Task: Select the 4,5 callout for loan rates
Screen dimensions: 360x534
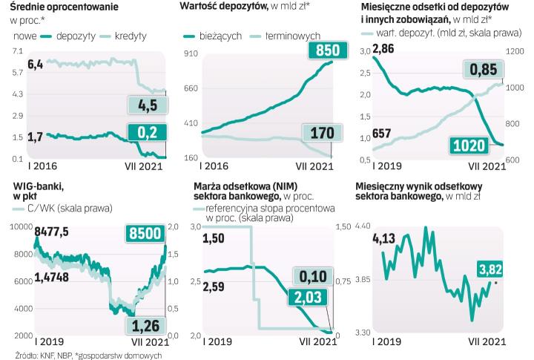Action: pyautogui.click(x=148, y=105)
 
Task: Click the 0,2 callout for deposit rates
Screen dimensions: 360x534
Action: pyautogui.click(x=148, y=132)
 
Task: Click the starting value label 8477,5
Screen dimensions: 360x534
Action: pyautogui.click(x=50, y=232)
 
